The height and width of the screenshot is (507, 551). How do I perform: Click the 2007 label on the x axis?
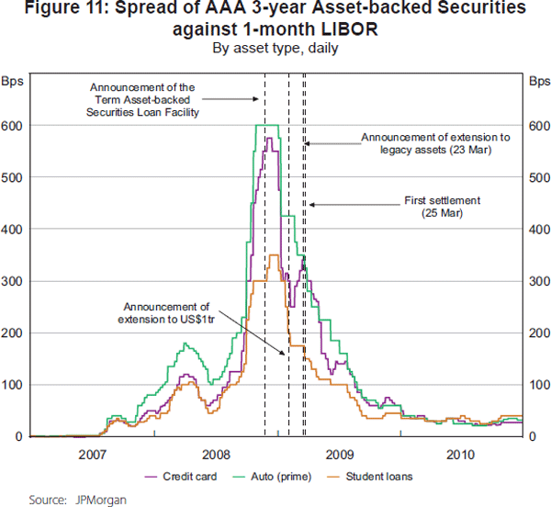92,454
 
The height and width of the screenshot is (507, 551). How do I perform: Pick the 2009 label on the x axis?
339,454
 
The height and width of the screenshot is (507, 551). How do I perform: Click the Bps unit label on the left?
16,81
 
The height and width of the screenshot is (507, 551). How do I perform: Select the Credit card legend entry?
186,477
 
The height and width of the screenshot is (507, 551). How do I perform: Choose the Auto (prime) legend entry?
281,477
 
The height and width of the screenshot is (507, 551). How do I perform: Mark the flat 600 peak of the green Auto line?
266,125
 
